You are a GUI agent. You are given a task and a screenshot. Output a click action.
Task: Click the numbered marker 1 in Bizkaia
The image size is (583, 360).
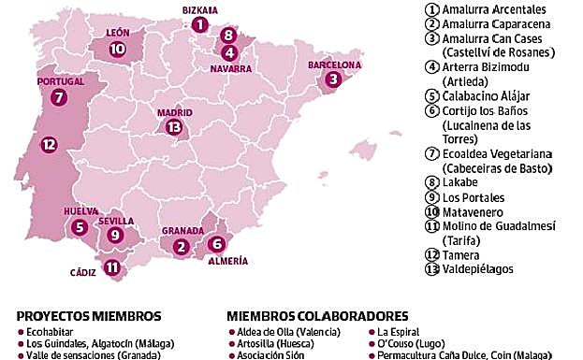198,25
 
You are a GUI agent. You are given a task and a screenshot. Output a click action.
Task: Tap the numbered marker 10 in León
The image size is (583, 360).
117,49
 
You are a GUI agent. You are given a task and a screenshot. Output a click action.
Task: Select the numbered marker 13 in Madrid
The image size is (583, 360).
173,127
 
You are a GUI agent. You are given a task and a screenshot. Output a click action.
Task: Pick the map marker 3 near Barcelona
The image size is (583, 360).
332,80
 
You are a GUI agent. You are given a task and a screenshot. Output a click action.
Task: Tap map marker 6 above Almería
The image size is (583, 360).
216,244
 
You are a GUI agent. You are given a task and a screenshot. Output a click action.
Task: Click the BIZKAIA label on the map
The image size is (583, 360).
199,9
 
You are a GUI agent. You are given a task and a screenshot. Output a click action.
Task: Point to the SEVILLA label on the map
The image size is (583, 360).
116,222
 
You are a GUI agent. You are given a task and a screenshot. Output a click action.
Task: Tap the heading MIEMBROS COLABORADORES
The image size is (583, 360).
316,315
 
